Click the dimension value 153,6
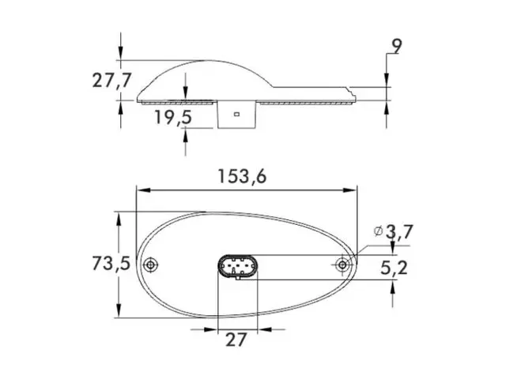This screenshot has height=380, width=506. coord(244,177)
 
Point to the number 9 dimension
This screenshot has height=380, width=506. coord(396,46)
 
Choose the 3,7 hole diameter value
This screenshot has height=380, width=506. coord(400,231)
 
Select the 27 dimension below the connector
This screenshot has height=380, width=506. coord(236,340)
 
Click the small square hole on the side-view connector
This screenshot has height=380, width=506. coord(236,116)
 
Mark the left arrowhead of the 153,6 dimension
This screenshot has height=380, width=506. coord(142,190)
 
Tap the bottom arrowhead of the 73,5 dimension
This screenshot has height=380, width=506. coord(119,314)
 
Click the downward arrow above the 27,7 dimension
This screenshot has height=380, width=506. coord(120,52)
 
